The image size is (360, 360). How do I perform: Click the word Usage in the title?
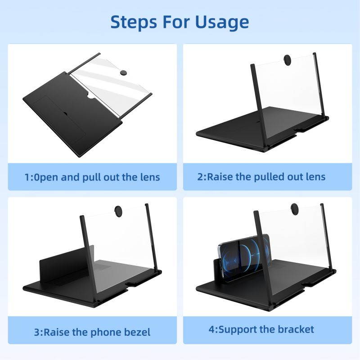pos(223,21)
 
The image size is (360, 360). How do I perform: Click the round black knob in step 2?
pos(287,59)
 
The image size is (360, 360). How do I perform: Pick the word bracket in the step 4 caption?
pos(294,329)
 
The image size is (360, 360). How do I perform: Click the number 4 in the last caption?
pos(211,329)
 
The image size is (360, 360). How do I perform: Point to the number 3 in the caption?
pos(36,333)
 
